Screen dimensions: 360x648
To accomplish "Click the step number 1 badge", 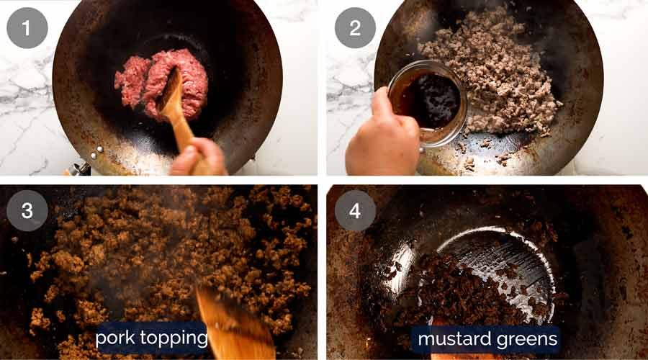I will click(27, 28).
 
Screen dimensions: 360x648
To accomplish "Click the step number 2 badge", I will click(354, 28).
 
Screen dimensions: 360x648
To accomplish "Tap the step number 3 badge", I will click(27, 210).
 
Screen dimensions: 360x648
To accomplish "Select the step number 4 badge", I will click(354, 210).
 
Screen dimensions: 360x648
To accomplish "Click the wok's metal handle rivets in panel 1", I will click(95, 152).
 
